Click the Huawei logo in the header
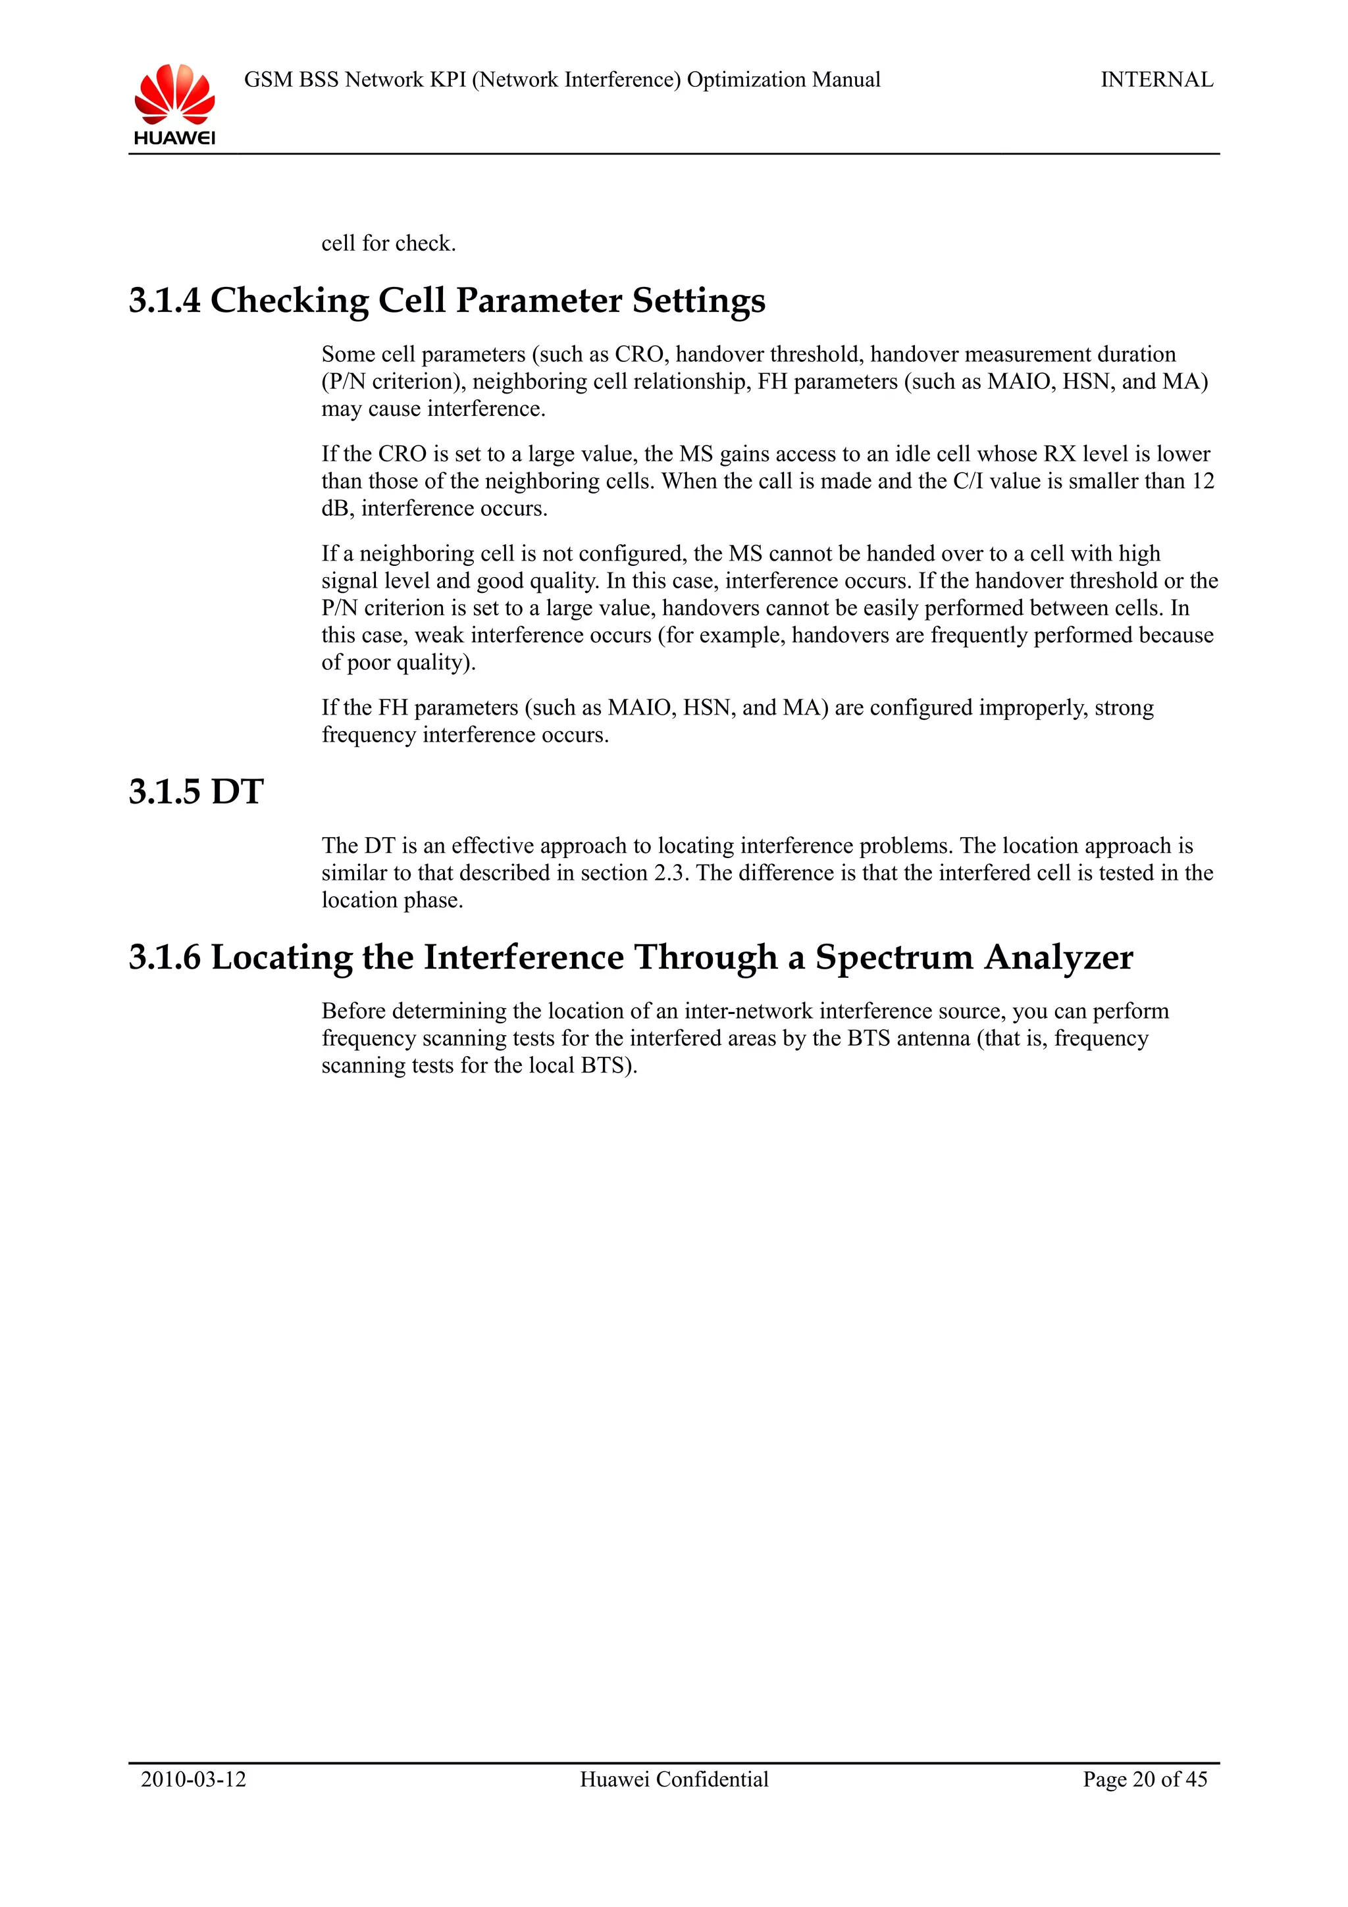click(174, 104)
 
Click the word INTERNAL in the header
click(1156, 80)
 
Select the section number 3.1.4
click(165, 301)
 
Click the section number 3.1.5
click(165, 792)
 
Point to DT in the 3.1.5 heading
click(237, 792)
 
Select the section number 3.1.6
click(165, 957)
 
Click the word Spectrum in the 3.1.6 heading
click(894, 957)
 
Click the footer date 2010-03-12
click(194, 1779)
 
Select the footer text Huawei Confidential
click(673, 1779)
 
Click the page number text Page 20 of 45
click(1145, 1779)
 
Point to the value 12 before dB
click(1203, 482)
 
